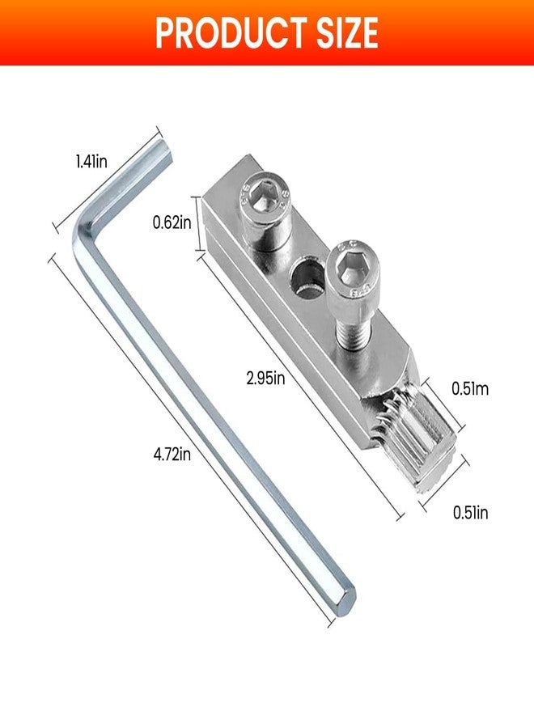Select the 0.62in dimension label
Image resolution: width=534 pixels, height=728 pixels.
[x=172, y=222]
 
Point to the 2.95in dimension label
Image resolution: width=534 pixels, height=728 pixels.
[x=264, y=378]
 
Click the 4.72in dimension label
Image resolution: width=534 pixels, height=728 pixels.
[x=172, y=455]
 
